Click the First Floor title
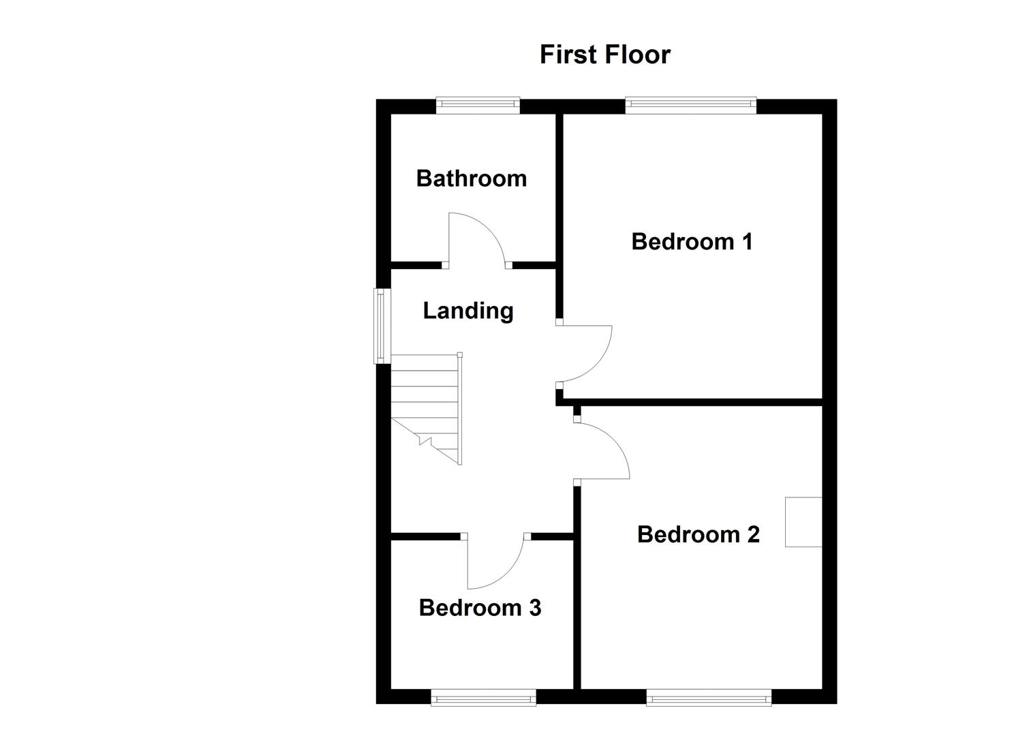(604, 55)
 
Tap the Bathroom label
(471, 179)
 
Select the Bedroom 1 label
(692, 241)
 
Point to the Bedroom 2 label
(698, 534)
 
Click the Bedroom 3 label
(480, 607)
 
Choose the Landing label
(467, 311)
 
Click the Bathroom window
(478, 104)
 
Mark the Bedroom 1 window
(690, 104)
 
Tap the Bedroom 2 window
(709, 696)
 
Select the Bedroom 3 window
(483, 696)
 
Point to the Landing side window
(380, 326)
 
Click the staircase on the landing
(425, 409)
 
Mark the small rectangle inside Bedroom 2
(803, 521)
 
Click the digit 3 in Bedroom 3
(535, 607)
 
